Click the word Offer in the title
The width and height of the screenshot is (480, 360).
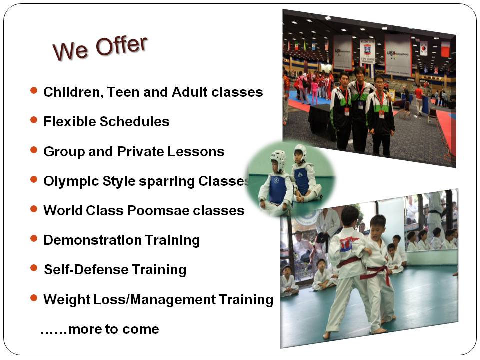121,46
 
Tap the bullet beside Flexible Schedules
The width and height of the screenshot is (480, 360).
34,120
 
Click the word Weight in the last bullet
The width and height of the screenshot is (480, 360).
66,299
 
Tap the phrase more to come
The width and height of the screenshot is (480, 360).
113,329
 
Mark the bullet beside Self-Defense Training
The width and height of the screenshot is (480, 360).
34,268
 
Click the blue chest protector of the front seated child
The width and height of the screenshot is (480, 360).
277,189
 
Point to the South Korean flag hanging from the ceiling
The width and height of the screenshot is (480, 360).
423,48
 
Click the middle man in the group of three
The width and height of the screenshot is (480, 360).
359,110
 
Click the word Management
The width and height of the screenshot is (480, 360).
173,299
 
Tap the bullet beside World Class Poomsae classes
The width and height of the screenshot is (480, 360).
34,209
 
